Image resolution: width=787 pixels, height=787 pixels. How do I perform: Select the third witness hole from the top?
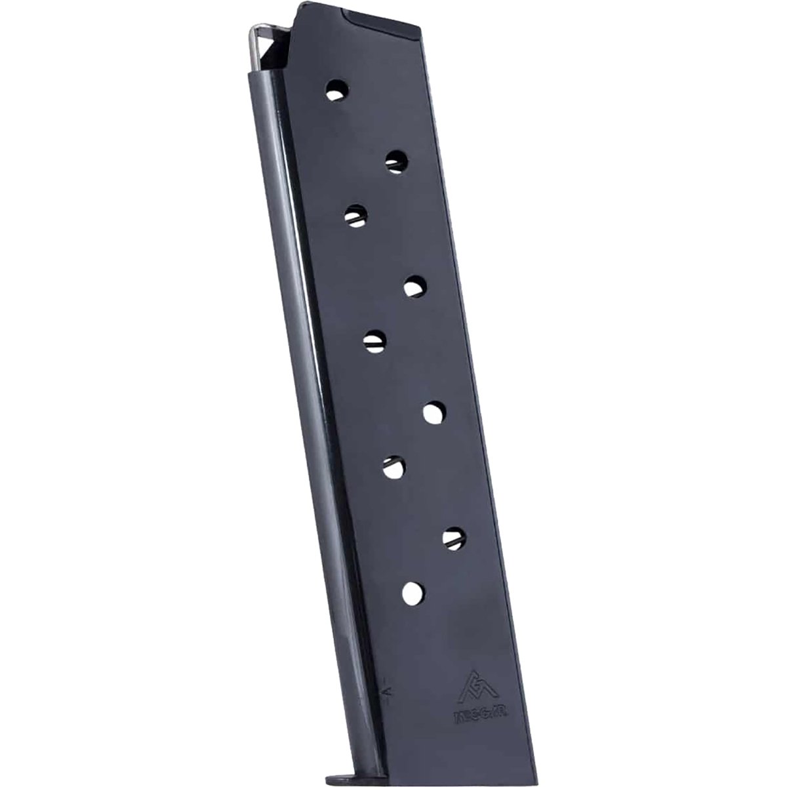tap(355, 215)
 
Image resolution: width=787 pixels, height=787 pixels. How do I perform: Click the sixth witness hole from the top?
tap(434, 413)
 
